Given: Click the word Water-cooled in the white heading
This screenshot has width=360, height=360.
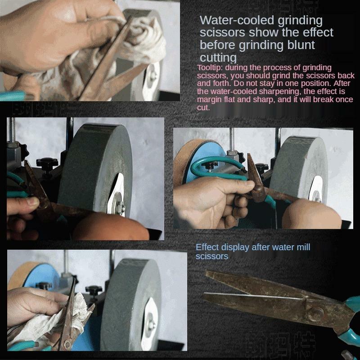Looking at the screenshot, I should click(229, 20).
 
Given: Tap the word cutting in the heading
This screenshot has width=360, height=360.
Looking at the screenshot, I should click(218, 57).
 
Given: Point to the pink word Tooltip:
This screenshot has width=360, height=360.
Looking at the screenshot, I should click(210, 67).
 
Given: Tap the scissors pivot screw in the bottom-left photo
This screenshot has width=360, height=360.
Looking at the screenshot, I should click(67, 344).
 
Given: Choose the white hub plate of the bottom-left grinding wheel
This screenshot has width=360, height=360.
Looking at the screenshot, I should click(151, 315).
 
